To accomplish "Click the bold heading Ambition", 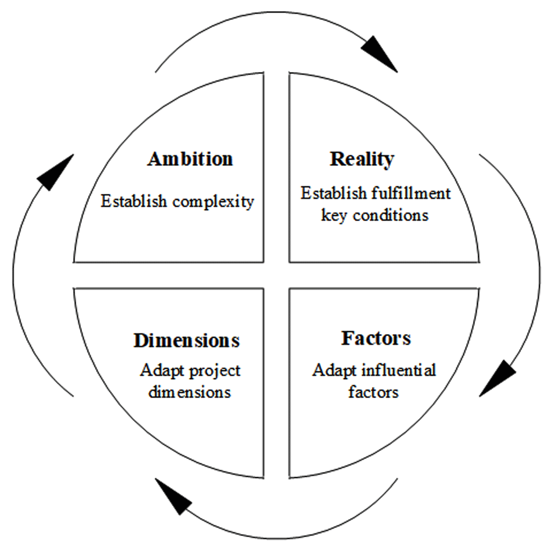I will (190, 159).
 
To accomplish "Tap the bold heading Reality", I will (362, 159).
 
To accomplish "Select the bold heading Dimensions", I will (187, 341).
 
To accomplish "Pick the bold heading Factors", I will (376, 338).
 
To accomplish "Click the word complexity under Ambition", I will (213, 202).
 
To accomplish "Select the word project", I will (215, 371).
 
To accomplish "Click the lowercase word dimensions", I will (190, 392).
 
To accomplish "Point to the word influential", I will (399, 370).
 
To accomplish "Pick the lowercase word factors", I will (373, 392).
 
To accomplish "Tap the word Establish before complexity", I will (134, 201).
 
